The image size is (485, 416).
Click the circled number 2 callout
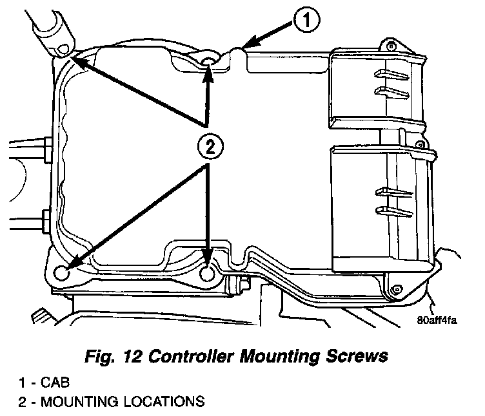click(207, 147)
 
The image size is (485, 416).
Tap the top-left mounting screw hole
click(63, 50)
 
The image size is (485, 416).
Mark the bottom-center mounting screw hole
click(208, 274)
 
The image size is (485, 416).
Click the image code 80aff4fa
click(436, 323)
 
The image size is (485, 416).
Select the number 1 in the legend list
click(22, 384)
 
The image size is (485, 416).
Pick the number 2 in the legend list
click(22, 403)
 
